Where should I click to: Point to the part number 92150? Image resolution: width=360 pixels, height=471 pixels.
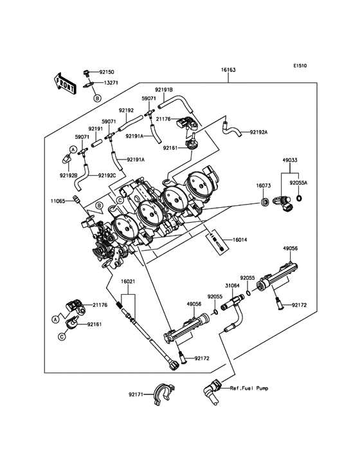click(x=106, y=73)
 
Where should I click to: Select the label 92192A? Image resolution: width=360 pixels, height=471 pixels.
click(x=258, y=131)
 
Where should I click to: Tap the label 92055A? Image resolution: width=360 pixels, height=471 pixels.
click(x=298, y=183)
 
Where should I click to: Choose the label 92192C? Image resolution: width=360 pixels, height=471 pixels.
click(x=107, y=175)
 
